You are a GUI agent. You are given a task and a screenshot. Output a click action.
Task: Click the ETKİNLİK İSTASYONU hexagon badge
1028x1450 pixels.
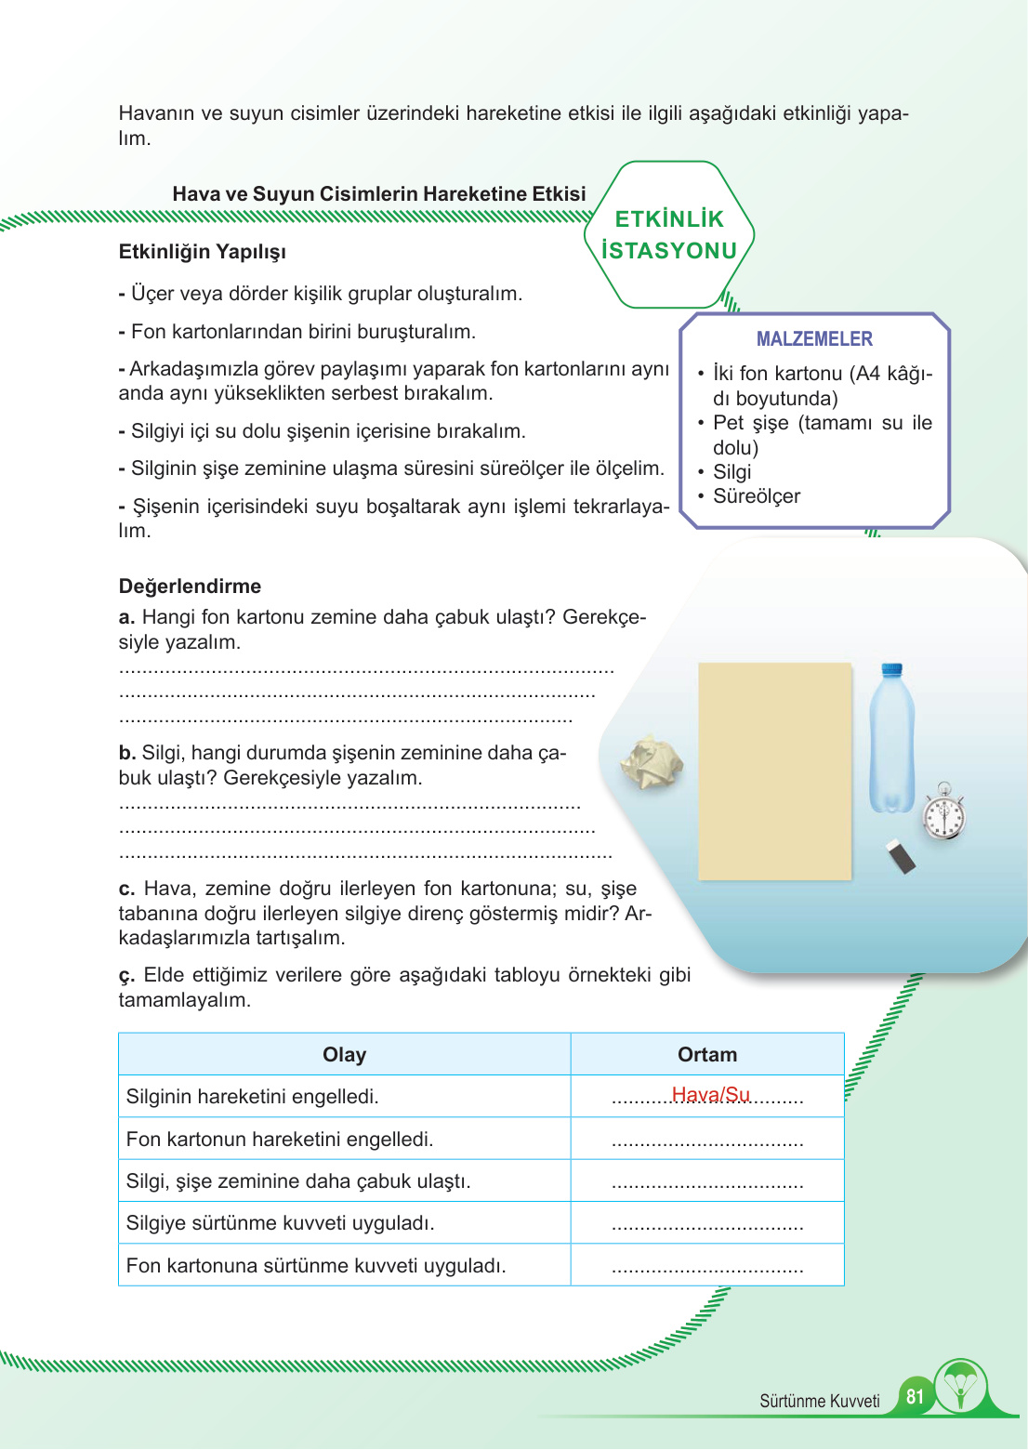pos(669,234)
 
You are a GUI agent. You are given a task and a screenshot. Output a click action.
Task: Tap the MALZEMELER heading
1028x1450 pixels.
pos(814,339)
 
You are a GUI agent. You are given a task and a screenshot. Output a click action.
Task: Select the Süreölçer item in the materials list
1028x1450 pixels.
pos(756,496)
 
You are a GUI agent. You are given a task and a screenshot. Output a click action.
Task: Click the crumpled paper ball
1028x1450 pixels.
pos(652,763)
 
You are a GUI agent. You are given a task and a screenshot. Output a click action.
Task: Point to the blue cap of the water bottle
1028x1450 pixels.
pos(892,668)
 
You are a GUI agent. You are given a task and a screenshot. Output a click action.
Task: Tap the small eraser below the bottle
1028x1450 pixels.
pos(902,856)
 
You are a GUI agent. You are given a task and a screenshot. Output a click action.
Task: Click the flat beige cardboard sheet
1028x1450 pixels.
pos(774,771)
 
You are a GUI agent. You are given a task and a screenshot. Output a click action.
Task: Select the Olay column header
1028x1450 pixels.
pos(344,1054)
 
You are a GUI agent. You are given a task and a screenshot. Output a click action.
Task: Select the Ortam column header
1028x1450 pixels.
pos(706,1054)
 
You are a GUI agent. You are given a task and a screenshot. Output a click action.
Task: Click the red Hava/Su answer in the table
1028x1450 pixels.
pos(710,1095)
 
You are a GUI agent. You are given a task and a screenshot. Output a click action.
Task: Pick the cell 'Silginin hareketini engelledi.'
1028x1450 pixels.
pos(252,1097)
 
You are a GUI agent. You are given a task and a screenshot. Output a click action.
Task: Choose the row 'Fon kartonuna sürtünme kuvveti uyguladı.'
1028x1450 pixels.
pos(316,1266)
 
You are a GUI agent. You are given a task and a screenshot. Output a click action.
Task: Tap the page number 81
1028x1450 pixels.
pos(915,1396)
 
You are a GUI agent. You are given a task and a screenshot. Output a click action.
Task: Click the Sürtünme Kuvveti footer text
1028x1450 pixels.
pos(819,1402)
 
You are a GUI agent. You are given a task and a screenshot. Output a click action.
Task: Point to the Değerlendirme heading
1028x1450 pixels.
pos(190,587)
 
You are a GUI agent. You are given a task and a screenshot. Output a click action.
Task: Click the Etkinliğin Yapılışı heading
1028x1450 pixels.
pos(202,252)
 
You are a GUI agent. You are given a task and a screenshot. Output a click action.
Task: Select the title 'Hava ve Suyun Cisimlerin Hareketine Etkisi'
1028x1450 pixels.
pos(379,194)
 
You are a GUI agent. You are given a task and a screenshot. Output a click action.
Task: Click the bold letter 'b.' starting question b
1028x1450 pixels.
pos(127,753)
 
